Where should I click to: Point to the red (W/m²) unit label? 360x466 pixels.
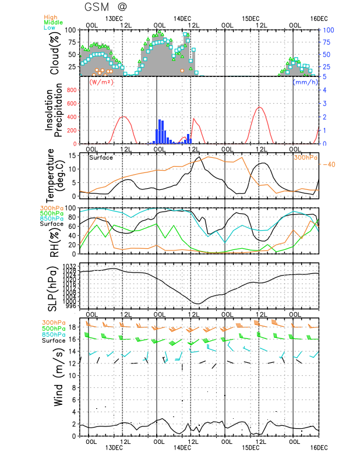(100, 82)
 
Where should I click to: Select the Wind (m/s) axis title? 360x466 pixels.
(59, 379)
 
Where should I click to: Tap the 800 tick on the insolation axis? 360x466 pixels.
(70, 90)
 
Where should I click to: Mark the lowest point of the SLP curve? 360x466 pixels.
(197, 303)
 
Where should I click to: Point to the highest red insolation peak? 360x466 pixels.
(259, 107)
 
